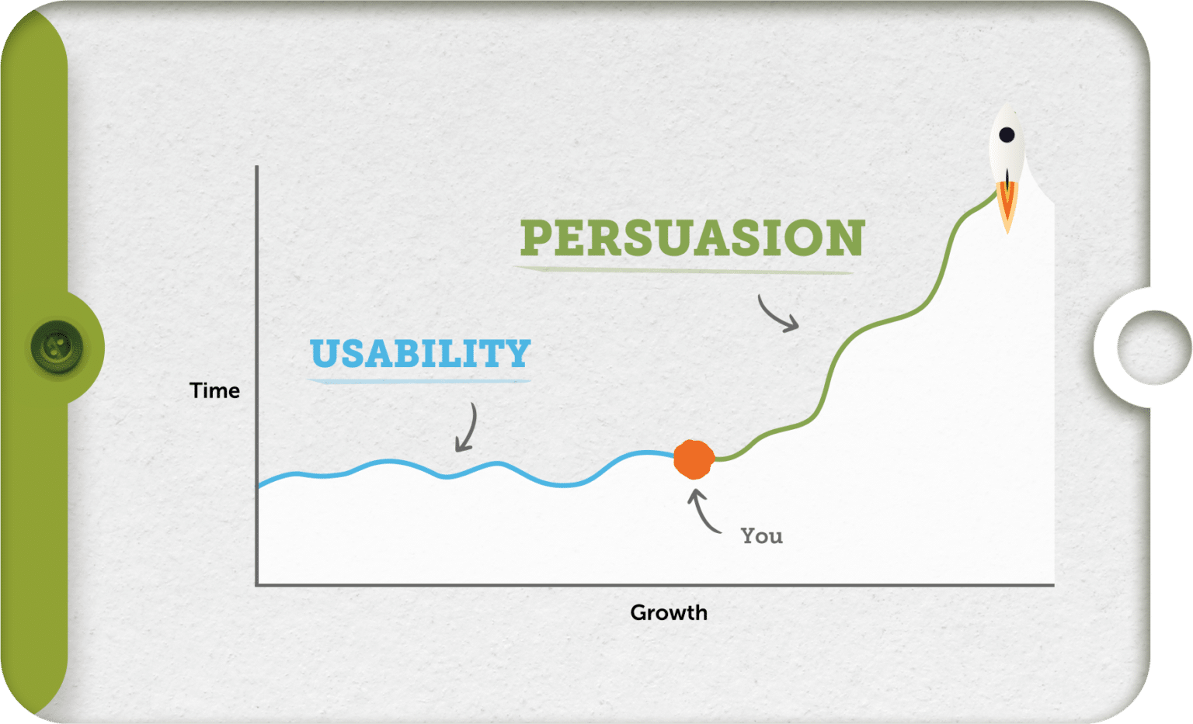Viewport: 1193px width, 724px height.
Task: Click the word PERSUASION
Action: click(692, 237)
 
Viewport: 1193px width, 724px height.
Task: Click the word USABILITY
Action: click(420, 354)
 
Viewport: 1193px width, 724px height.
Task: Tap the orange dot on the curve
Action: click(694, 459)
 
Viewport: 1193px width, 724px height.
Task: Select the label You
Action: click(761, 536)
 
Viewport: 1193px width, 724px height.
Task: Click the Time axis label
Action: click(214, 390)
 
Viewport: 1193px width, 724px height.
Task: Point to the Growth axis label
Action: click(669, 612)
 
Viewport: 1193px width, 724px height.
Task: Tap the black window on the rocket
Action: click(1007, 135)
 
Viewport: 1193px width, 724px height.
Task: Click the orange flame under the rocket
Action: click(1007, 206)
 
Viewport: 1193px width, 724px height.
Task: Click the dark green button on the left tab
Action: click(57, 347)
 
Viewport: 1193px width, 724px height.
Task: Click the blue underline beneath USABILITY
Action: click(419, 381)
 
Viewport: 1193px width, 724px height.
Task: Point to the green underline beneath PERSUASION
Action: click(683, 270)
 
